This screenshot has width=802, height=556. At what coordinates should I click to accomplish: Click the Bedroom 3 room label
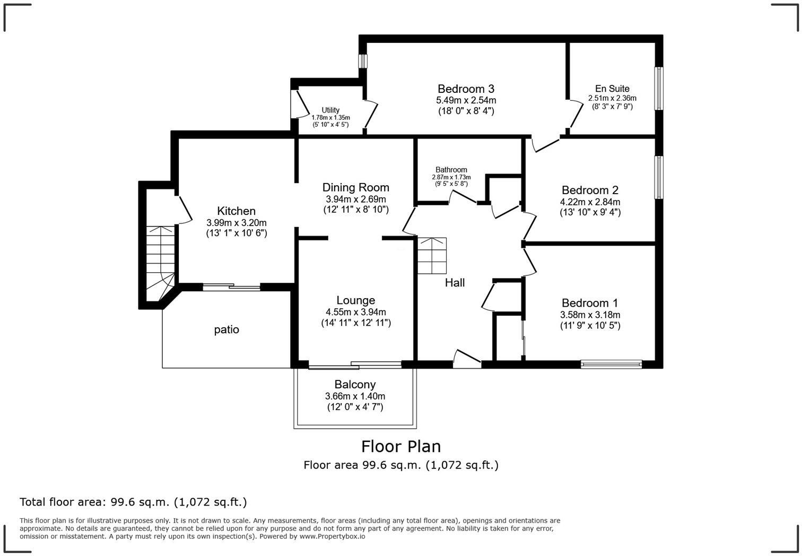click(x=466, y=89)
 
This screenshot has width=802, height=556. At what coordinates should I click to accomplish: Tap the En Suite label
click(x=612, y=89)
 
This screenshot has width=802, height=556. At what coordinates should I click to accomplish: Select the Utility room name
click(x=330, y=110)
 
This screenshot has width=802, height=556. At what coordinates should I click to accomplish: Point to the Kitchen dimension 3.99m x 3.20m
click(x=236, y=223)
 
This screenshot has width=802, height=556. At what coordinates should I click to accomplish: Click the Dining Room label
click(x=355, y=187)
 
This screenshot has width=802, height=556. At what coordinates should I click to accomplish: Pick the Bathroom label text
click(x=451, y=170)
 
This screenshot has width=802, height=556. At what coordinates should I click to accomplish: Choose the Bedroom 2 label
click(x=590, y=190)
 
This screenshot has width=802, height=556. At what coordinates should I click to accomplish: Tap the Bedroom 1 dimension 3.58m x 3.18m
click(x=590, y=315)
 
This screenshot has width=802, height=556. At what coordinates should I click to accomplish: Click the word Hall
click(x=455, y=283)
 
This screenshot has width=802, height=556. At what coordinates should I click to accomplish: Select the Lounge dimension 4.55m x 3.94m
click(x=355, y=312)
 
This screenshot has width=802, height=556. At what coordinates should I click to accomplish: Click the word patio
click(x=226, y=330)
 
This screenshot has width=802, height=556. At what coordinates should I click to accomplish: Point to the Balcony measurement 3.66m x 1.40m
click(x=355, y=396)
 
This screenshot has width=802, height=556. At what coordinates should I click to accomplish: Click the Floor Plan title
click(x=401, y=446)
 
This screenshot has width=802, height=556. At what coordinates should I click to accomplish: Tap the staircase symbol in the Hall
click(x=432, y=256)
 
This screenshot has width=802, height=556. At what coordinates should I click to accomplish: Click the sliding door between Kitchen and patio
click(x=232, y=288)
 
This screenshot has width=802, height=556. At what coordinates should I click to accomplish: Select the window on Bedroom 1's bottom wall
click(x=611, y=364)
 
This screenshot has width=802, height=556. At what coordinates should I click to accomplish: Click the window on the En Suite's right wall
click(x=658, y=89)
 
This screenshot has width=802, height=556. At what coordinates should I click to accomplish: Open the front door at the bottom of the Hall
click(x=467, y=360)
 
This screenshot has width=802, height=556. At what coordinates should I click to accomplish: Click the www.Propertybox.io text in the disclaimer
click(x=332, y=536)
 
